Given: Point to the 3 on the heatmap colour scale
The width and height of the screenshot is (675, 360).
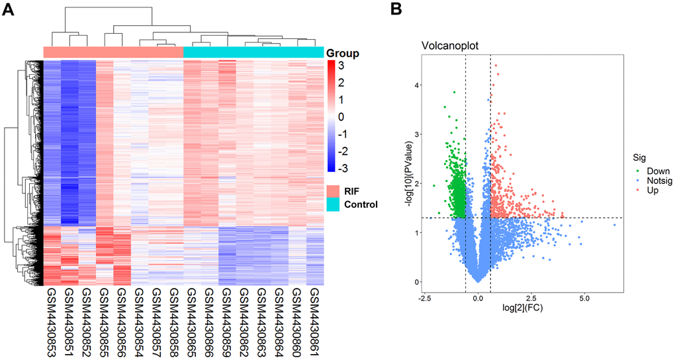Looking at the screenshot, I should [341, 67].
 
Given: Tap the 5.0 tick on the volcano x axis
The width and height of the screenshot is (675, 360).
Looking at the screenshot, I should [584, 298].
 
